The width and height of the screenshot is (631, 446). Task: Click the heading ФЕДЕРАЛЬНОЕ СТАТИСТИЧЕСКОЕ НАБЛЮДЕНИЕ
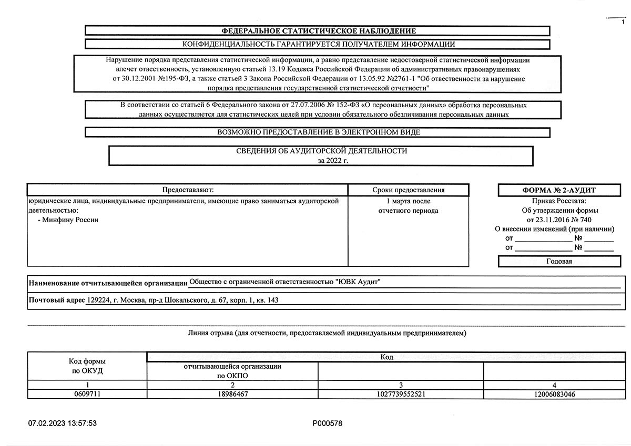pos(318,31)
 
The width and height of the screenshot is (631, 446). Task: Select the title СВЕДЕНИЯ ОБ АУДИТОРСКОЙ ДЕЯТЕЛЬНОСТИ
pos(322,151)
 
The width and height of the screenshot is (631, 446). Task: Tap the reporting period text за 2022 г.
pos(333,161)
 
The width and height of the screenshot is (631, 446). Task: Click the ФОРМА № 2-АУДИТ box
pos(559,190)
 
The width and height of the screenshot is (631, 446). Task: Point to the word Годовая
pos(559,261)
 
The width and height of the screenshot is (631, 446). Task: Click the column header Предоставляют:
pos(188,190)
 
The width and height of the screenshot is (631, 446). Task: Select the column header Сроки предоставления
pos(408,190)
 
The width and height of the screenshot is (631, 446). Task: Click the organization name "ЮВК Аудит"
pos(358,283)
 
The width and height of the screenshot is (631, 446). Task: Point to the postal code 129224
pos(98,300)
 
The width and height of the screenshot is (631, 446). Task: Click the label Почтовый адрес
pos(57,300)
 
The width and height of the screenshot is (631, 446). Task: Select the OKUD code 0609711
pos(87,394)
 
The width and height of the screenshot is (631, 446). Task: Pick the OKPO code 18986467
pos(232,394)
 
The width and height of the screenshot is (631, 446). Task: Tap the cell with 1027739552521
pos(401,394)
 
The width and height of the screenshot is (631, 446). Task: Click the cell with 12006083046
pos(554,394)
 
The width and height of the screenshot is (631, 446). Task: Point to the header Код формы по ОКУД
pos(87,366)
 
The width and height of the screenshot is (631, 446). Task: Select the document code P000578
pos(327,423)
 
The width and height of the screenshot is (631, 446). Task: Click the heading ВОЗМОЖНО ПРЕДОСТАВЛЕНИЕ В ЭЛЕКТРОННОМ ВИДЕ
pos(318,132)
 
